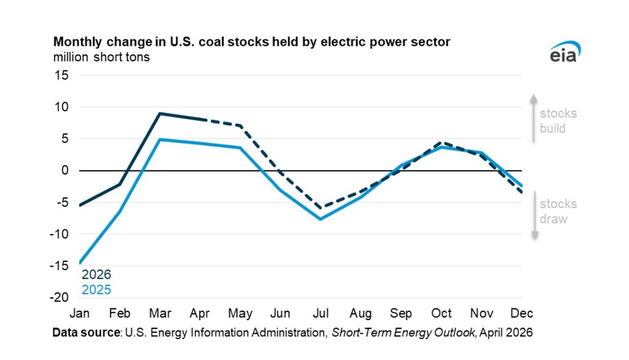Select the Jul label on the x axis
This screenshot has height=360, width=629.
(x=320, y=314)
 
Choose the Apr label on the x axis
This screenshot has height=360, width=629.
(x=200, y=314)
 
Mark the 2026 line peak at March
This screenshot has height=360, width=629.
(x=159, y=114)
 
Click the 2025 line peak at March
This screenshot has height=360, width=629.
(x=159, y=139)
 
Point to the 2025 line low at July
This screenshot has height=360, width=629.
(x=321, y=219)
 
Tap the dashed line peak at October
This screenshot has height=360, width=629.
(x=441, y=143)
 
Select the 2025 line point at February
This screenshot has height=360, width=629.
(x=119, y=211)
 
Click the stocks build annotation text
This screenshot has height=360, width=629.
(x=558, y=121)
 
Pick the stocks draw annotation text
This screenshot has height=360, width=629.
(x=558, y=211)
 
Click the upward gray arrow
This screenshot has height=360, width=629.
(x=534, y=119)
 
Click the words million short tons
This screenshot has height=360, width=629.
(x=101, y=57)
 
